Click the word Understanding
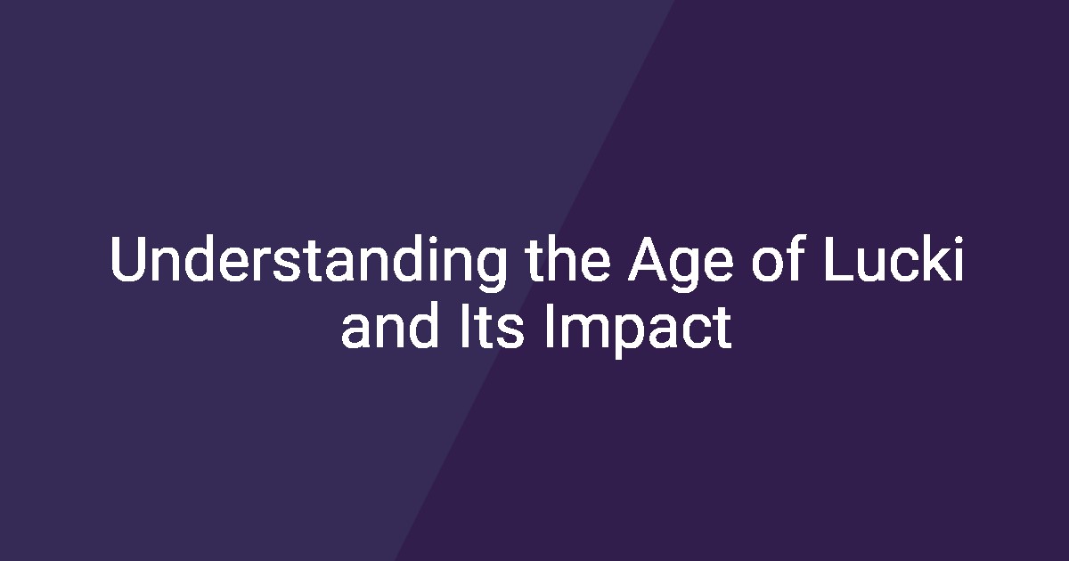coord(308,263)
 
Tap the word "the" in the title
coord(568,258)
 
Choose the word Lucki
coord(894,258)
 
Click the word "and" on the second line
coord(389,325)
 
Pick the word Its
coord(492,326)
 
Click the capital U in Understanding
coord(127,259)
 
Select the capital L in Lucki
coord(838,258)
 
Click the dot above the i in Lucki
coord(959,239)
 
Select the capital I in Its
coord(463,326)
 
